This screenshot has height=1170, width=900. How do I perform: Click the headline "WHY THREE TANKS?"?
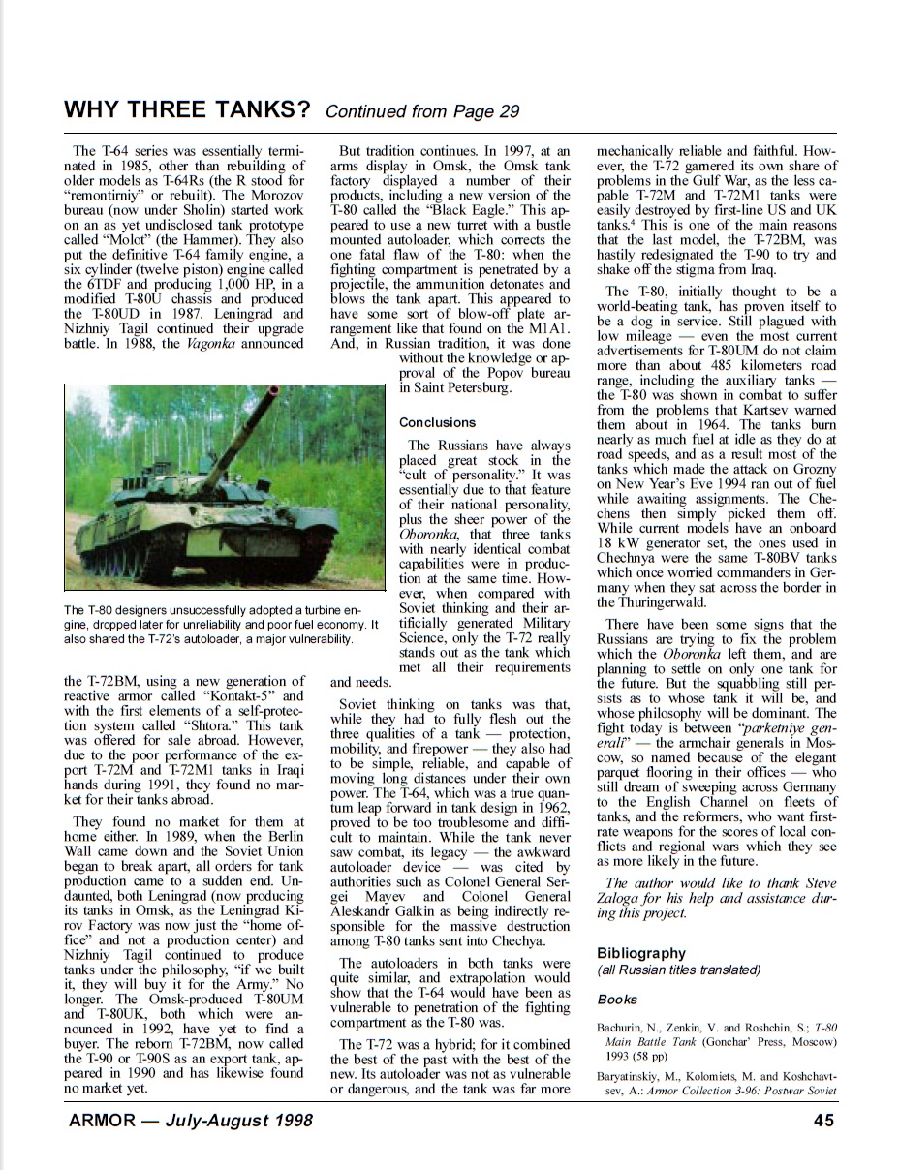pos(186,109)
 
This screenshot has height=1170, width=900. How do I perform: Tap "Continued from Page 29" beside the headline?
pos(422,111)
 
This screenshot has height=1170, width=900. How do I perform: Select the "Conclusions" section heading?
pos(437,422)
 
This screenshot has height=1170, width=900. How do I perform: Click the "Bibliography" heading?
pos(640,953)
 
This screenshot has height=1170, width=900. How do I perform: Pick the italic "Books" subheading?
pos(617,999)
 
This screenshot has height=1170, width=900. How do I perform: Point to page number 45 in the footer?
pos(823,1121)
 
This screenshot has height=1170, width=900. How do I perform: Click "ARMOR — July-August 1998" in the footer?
pos(190,1121)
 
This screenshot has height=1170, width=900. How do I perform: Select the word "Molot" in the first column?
pos(115,240)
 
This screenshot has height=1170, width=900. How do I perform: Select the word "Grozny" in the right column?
pos(812,469)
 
